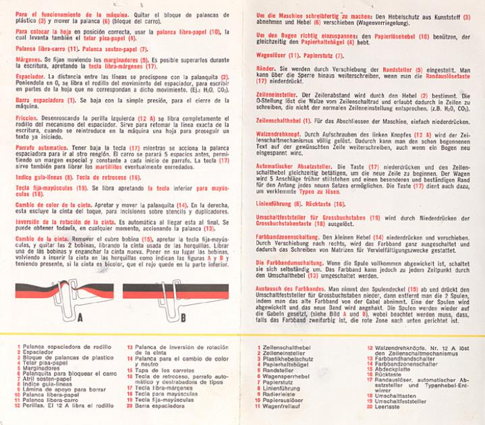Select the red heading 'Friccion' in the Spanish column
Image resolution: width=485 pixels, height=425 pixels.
(28, 118)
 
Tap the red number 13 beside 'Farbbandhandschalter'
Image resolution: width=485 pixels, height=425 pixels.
(370, 358)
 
